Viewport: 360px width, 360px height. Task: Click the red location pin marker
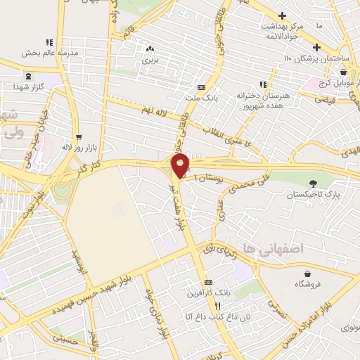pos(181,166)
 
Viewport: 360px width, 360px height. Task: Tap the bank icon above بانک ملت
pos(202,87)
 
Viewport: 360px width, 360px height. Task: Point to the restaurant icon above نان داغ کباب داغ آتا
pos(217,306)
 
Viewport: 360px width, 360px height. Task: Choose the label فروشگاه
pos(307,285)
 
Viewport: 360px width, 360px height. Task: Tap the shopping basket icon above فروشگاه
pos(307,273)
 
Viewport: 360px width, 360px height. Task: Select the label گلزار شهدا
pos(27,86)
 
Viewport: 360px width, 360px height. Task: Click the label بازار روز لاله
pos(76,148)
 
